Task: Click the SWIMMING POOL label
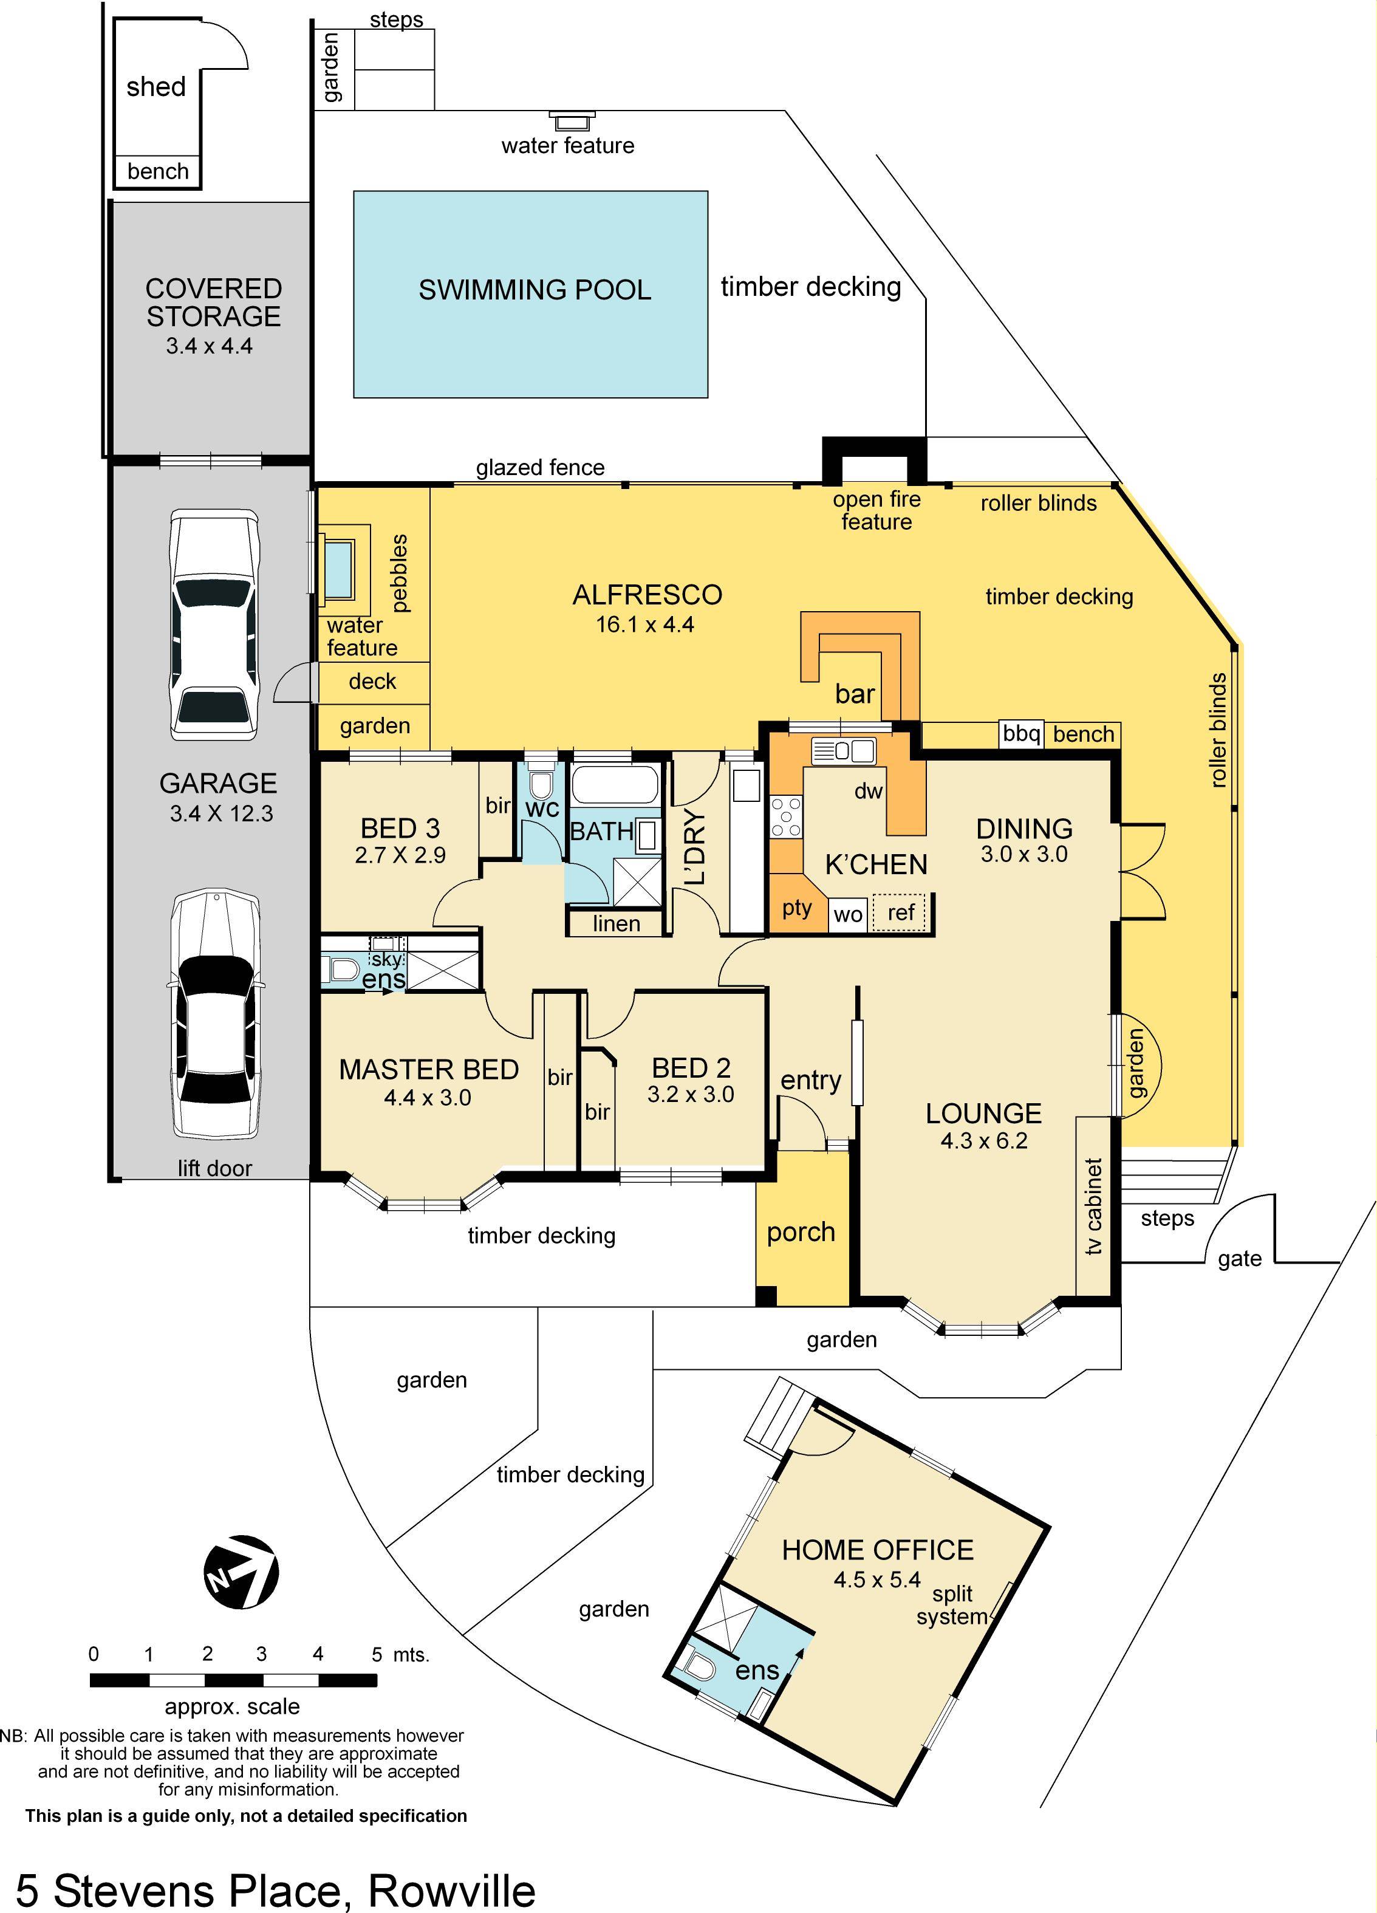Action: [535, 290]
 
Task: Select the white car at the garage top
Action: [213, 624]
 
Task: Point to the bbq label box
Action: [1021, 734]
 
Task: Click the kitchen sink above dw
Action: [843, 750]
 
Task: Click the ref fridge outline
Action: [900, 912]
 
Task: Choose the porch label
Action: [800, 1233]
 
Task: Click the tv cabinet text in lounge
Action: [1094, 1206]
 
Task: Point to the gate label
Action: [1239, 1259]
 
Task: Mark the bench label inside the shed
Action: [158, 171]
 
